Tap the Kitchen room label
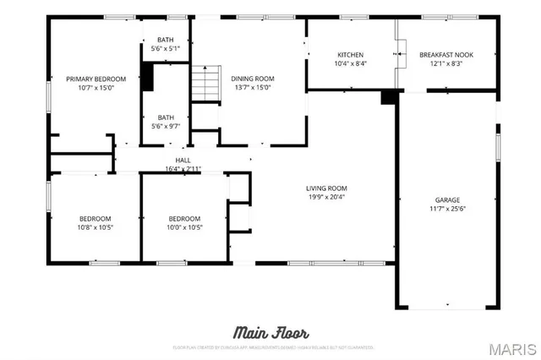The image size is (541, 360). (350, 55)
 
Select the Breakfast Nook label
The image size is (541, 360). (446, 55)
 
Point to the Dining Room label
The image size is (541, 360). (253, 79)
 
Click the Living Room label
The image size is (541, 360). (326, 188)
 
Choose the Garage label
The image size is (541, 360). (447, 200)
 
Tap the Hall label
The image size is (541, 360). (183, 160)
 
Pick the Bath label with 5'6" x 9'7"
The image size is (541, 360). (166, 117)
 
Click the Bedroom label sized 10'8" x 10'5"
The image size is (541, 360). (95, 218)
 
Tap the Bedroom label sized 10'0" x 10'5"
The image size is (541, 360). (183, 218)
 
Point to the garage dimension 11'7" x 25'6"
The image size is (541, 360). (447, 209)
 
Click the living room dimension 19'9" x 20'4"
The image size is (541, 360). (326, 197)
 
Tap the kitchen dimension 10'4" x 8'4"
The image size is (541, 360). (350, 63)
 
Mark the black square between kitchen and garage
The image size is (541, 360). (389, 96)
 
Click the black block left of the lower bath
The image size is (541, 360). (147, 78)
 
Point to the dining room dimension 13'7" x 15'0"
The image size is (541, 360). (253, 87)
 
